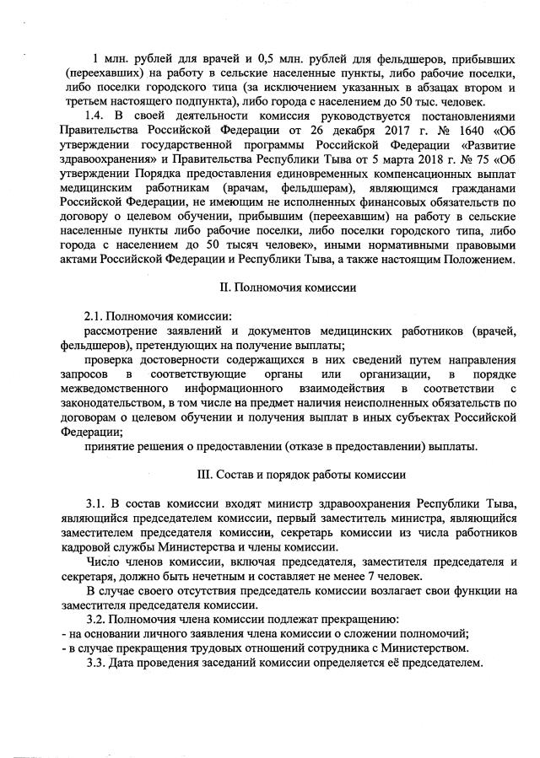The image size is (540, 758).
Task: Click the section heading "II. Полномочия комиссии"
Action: coord(287,288)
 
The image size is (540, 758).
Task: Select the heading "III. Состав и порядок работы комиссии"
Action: coord(287,473)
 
